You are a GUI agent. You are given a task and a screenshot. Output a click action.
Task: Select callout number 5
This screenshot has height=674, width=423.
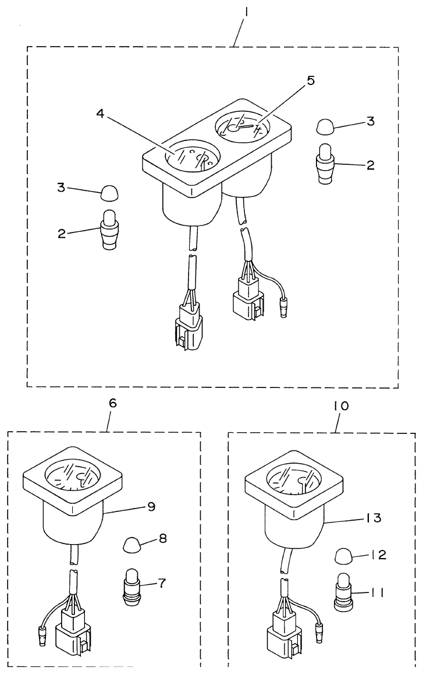point(311,80)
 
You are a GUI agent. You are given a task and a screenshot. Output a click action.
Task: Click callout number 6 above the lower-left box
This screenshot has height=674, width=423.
point(113,403)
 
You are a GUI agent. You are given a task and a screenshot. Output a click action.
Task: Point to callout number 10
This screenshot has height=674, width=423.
point(341,406)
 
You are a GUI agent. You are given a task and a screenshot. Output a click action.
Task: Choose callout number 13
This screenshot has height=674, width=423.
point(374,516)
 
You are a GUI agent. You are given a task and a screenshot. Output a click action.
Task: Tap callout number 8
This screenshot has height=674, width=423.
point(162,539)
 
